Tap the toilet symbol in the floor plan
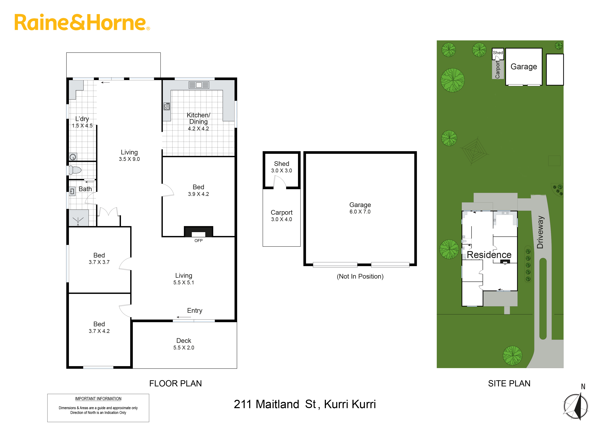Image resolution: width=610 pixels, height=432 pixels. (75, 170)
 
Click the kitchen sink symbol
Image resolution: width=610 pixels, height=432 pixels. (199, 85)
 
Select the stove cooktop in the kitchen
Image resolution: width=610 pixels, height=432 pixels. (167, 106)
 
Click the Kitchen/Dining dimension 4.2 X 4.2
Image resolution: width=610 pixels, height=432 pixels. (198, 129)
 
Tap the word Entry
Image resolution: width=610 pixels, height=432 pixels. (195, 310)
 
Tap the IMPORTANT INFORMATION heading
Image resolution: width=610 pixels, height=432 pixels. (98, 399)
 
